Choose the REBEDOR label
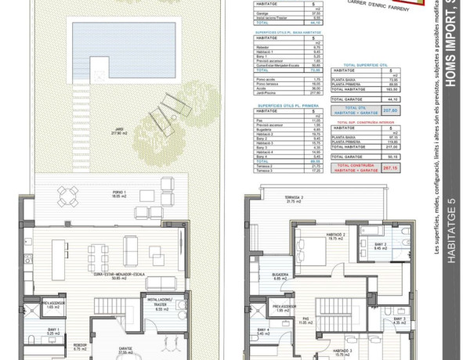75,347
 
